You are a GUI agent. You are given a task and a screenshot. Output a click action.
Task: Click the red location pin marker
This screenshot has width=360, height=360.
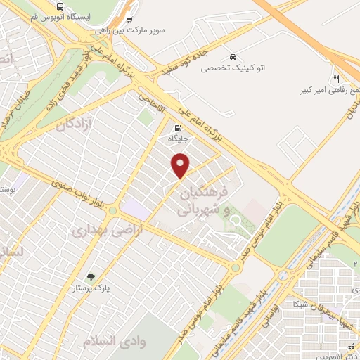(181, 166)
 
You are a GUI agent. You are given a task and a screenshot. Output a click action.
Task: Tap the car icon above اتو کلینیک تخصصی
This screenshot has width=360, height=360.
(232, 57)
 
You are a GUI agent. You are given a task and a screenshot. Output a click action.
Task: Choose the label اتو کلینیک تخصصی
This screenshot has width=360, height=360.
(231, 69)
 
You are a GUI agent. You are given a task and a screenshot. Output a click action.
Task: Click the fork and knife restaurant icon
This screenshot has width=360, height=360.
(337, 78)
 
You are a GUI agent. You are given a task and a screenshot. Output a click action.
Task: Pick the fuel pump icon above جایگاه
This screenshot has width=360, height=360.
(176, 129)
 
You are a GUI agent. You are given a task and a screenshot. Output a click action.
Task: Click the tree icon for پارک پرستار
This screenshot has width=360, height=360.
(90, 277)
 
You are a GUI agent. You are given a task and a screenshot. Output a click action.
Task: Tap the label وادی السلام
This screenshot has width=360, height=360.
(106, 340)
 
